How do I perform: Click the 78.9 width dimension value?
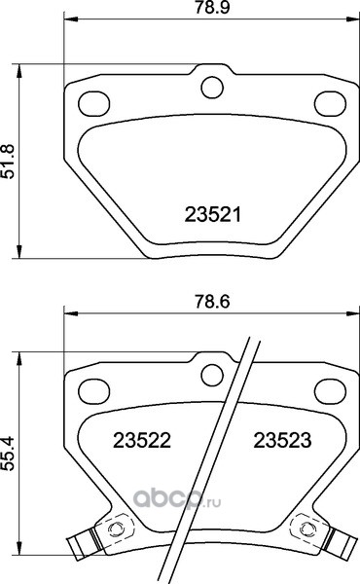(212, 8)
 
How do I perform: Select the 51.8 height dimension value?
(8, 162)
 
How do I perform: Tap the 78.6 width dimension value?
(212, 302)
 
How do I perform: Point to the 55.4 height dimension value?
(8, 453)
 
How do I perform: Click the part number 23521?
(213, 215)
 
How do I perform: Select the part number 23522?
(142, 441)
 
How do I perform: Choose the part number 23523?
(282, 441)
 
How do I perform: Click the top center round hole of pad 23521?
(212, 88)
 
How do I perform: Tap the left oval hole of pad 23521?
(93, 103)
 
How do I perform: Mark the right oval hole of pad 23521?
(330, 103)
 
